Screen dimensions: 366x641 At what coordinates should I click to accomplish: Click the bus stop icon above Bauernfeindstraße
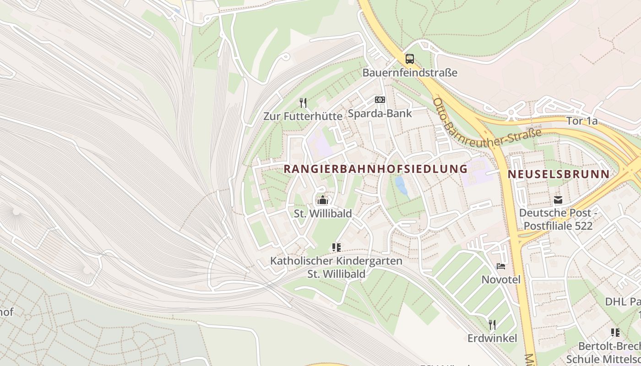[x=409, y=59]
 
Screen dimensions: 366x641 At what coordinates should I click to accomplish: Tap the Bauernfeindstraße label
[x=410, y=73]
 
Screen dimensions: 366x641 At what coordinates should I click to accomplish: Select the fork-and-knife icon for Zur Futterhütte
[x=303, y=102]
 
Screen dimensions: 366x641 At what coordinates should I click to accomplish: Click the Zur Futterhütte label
[x=303, y=116]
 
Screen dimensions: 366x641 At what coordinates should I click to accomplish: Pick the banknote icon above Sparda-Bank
[x=380, y=100]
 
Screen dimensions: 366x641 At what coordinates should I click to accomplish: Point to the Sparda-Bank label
[x=380, y=113]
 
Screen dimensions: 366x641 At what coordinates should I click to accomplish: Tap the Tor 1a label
[x=581, y=121]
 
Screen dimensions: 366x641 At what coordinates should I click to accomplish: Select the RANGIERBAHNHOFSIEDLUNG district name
[x=375, y=169]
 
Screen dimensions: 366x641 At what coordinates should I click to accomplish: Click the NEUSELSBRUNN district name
[x=559, y=174]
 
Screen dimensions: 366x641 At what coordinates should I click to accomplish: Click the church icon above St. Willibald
[x=323, y=200]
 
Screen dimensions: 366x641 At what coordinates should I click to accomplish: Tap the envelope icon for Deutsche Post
[x=558, y=199]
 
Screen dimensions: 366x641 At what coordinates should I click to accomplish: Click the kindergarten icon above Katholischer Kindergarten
[x=337, y=248]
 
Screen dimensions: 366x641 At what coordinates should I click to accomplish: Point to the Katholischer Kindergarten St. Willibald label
[x=336, y=267]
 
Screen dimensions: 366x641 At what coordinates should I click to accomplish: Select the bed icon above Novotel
[x=501, y=266]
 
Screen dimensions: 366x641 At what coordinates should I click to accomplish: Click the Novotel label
[x=501, y=279]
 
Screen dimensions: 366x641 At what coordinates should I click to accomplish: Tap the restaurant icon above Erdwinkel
[x=492, y=325]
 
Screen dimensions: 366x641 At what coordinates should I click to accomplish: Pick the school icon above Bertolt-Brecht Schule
[x=615, y=333]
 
